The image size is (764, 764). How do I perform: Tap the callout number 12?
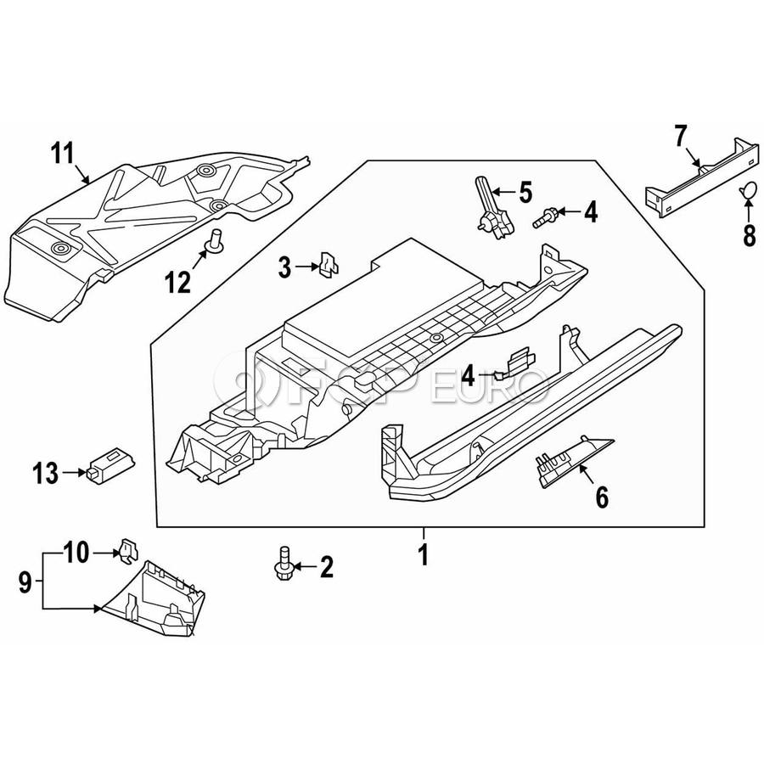[178, 282]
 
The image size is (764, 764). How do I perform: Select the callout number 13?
[45, 472]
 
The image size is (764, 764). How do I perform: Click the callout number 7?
[680, 135]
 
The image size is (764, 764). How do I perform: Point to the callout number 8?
[749, 235]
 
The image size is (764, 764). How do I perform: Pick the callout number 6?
[602, 497]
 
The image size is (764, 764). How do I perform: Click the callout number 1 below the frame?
[423, 556]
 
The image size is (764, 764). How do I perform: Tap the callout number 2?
[326, 568]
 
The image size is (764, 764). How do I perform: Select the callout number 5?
[525, 192]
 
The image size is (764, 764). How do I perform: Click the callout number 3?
[286, 269]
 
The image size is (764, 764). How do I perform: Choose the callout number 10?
[76, 553]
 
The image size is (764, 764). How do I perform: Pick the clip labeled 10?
[127, 550]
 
